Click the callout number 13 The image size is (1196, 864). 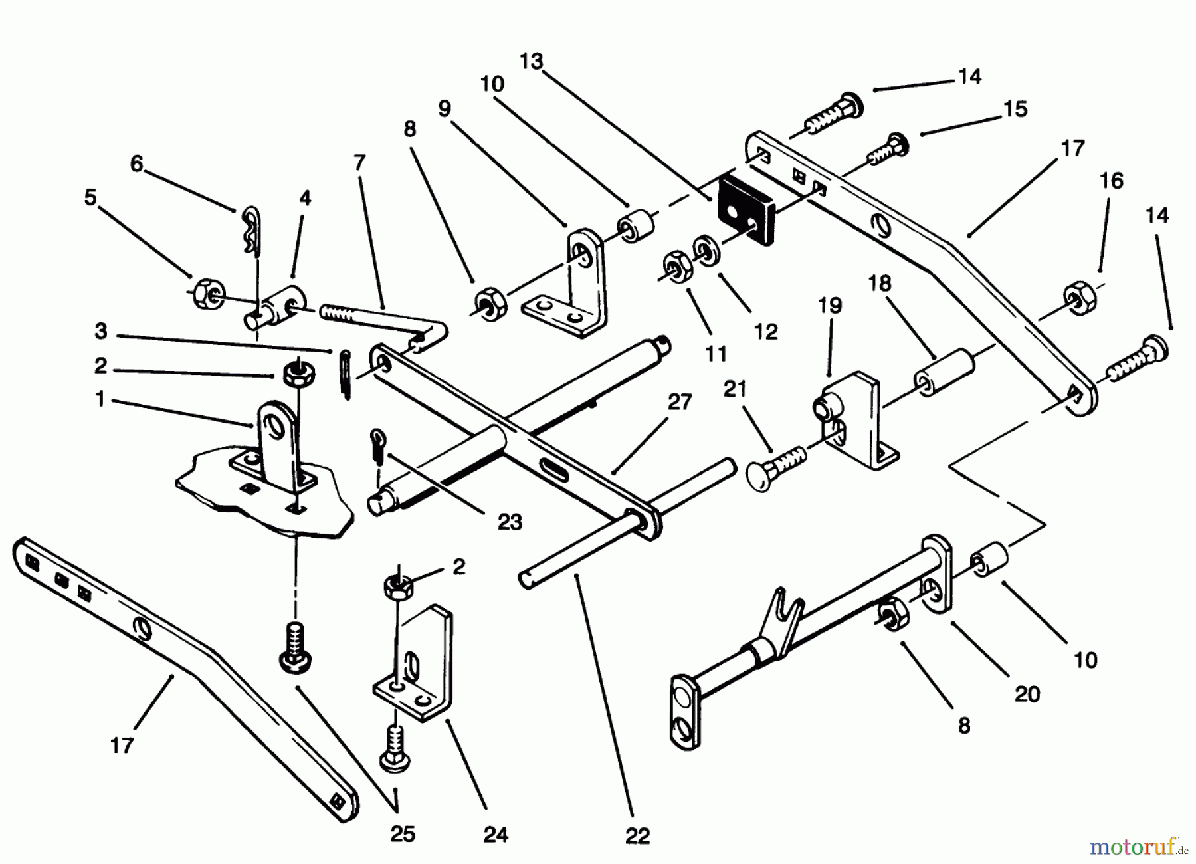(x=531, y=62)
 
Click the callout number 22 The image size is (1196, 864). (x=637, y=835)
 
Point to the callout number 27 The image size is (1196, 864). (x=679, y=403)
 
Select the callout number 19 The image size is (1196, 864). (x=830, y=306)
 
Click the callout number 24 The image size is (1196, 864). (x=496, y=835)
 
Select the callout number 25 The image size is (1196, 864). (x=403, y=834)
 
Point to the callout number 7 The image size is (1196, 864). (x=359, y=163)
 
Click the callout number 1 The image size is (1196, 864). (x=100, y=399)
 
